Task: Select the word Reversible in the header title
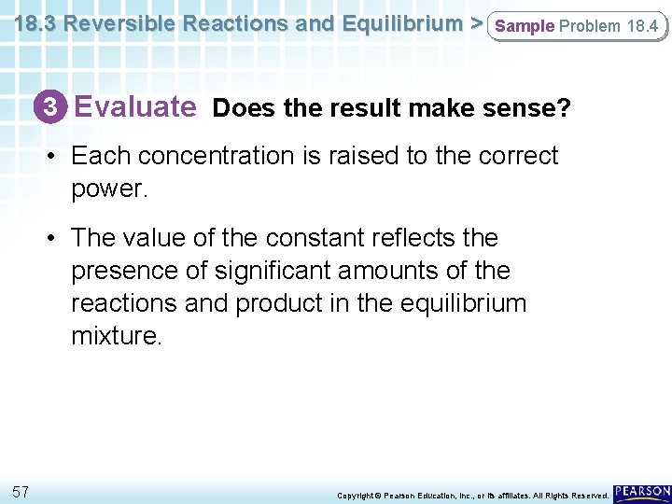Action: [119, 23]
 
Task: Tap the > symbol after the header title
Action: [475, 23]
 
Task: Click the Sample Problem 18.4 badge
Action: [576, 26]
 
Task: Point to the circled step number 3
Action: [52, 108]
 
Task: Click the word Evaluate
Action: [134, 107]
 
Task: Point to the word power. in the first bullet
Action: [109, 189]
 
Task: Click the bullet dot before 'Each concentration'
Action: [55, 157]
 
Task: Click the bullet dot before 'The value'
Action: [55, 239]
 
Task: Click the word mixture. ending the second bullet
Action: [117, 336]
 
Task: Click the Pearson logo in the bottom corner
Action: [642, 491]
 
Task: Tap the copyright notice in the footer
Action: [472, 495]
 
